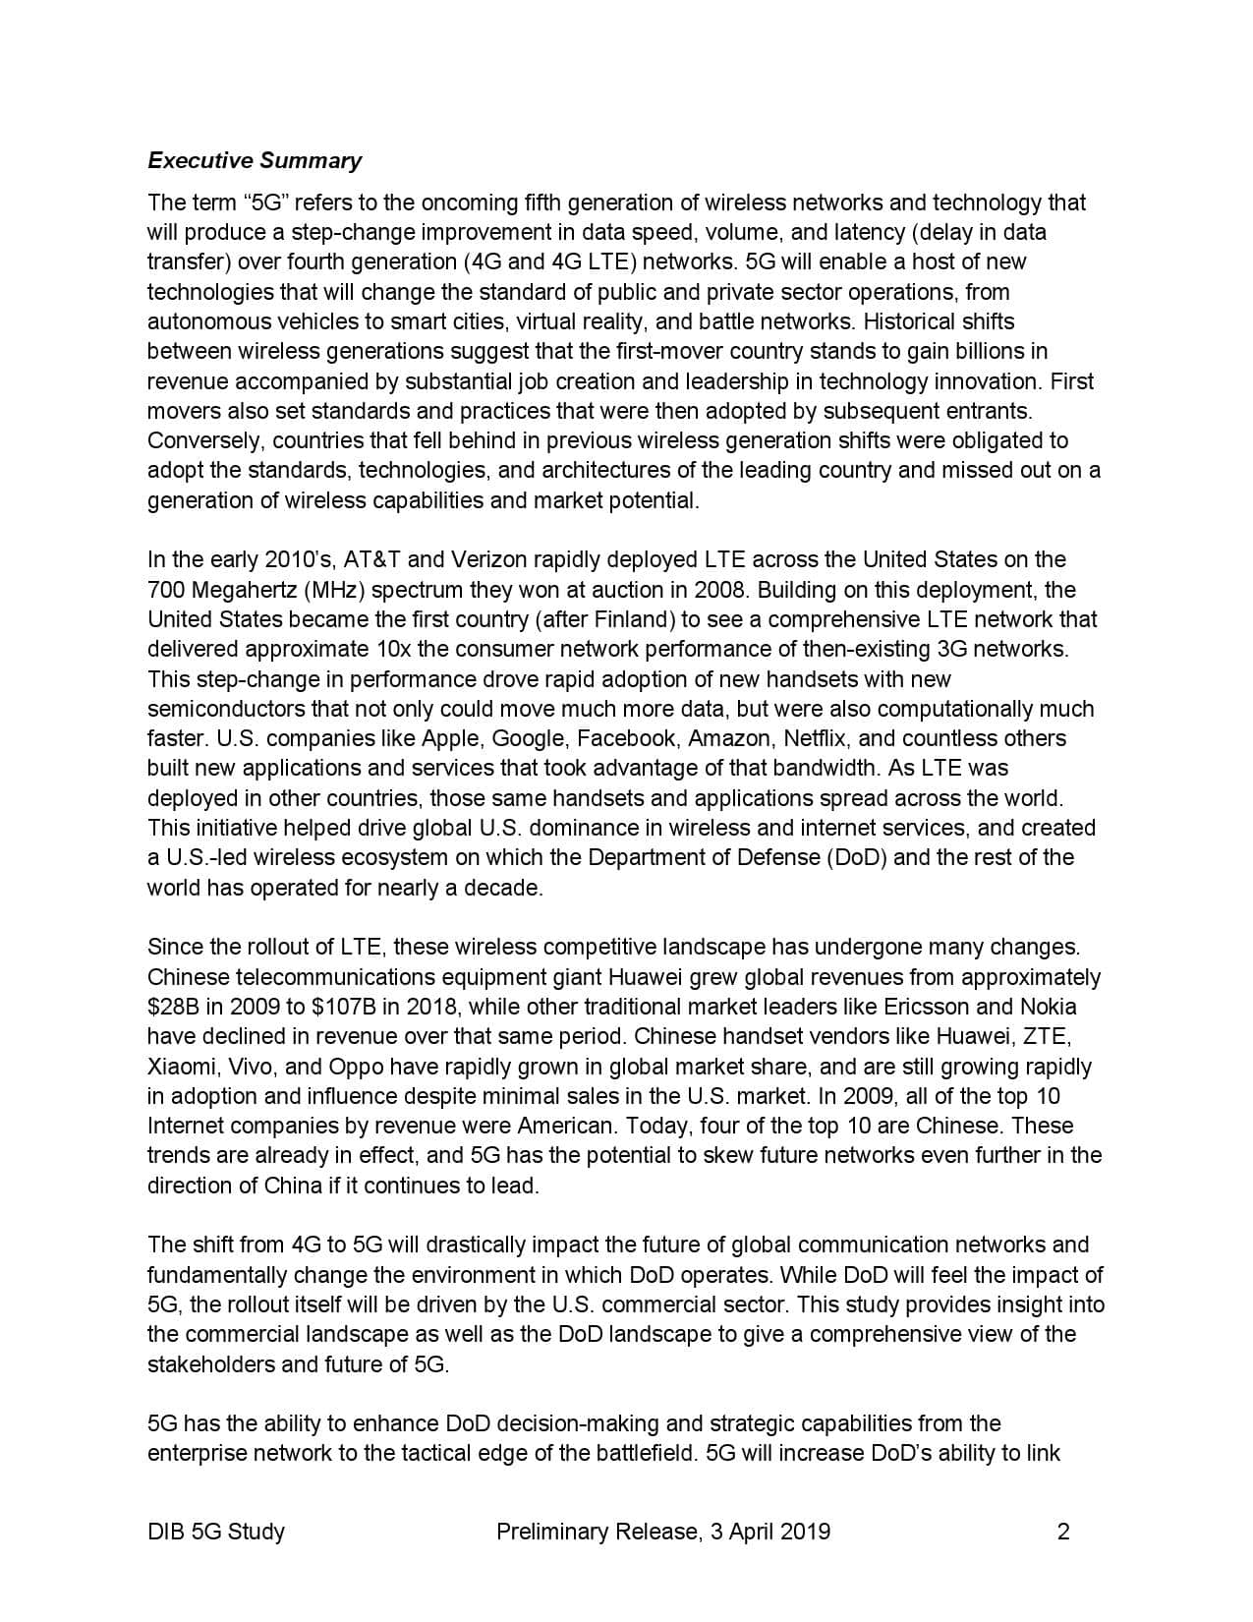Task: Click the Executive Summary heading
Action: click(255, 160)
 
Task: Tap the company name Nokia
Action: click(1049, 1007)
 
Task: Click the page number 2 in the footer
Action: click(1062, 1531)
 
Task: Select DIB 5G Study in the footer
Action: click(216, 1531)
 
